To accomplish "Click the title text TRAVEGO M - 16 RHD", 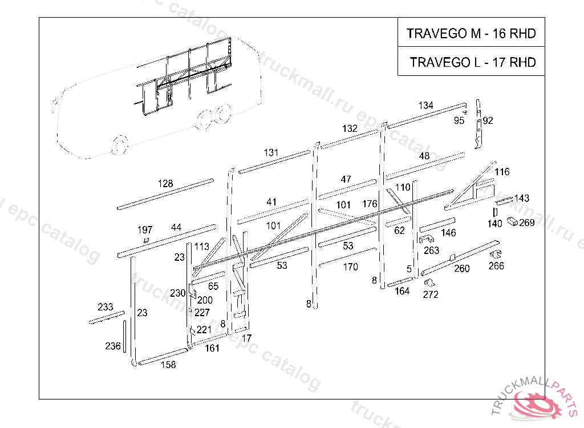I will tap(471, 34).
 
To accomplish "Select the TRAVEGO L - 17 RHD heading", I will tap(473, 62).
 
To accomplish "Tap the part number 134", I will tap(426, 106).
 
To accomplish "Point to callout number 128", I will tap(165, 184).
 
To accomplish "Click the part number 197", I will tap(145, 230).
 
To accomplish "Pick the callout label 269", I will tap(527, 223).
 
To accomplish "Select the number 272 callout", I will tap(431, 294).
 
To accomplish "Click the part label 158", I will tap(168, 365).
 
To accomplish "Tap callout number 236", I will tap(113, 346).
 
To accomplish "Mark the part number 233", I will tap(105, 307).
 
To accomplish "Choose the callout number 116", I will tap(502, 172).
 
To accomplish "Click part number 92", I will tap(488, 120).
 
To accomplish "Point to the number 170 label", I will tap(351, 267).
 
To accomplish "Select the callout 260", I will tap(462, 268).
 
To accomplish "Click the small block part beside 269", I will tap(512, 221).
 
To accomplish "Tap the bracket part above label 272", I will tap(429, 282).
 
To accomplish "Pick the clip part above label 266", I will tap(495, 255).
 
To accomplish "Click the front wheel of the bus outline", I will tap(119, 145).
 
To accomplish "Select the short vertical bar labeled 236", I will tap(124, 336).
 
